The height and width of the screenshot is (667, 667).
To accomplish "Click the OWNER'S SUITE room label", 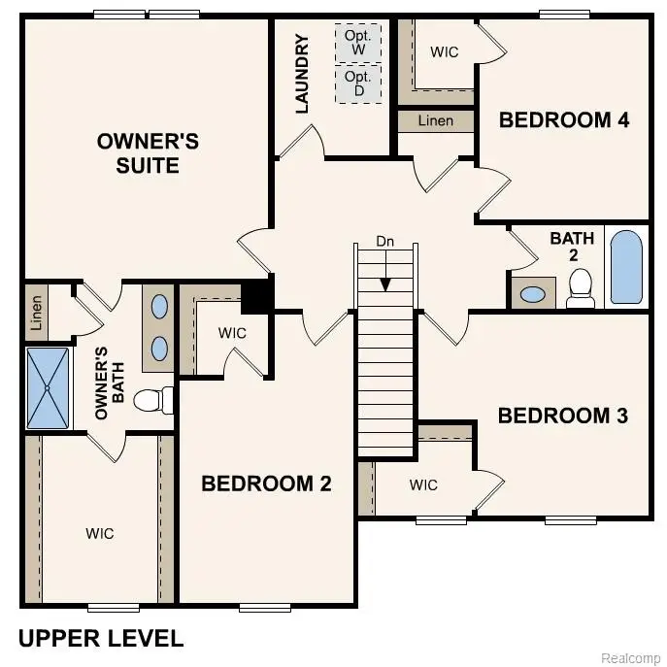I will coord(148,153).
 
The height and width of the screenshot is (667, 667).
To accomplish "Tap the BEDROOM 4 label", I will coord(564,120).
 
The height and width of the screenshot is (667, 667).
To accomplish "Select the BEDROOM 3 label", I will coord(563,416).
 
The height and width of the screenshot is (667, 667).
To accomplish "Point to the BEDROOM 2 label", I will coord(266,484).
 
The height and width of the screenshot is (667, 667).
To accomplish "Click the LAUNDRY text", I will coord(302,74).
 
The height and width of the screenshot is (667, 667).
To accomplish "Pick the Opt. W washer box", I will coord(358,42).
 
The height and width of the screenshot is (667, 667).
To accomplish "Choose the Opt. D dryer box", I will coord(358,83).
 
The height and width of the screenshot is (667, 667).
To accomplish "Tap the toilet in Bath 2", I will coord(581,287).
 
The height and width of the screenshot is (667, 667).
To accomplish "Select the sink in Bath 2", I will coord(532,293).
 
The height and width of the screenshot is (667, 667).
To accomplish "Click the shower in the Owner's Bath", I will coord(49,387).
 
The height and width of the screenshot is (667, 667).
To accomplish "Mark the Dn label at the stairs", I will coord(386,241).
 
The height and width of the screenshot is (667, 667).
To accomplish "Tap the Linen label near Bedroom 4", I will coord(436,121).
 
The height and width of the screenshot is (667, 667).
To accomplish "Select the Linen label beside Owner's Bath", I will coord(36,313).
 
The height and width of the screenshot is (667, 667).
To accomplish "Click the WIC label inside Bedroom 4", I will coord(445,51).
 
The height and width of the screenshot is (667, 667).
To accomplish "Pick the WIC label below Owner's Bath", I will coord(100,533).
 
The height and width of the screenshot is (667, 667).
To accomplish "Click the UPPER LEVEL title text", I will coord(101,638).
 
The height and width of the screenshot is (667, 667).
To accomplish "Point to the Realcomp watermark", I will coord(630,658).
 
